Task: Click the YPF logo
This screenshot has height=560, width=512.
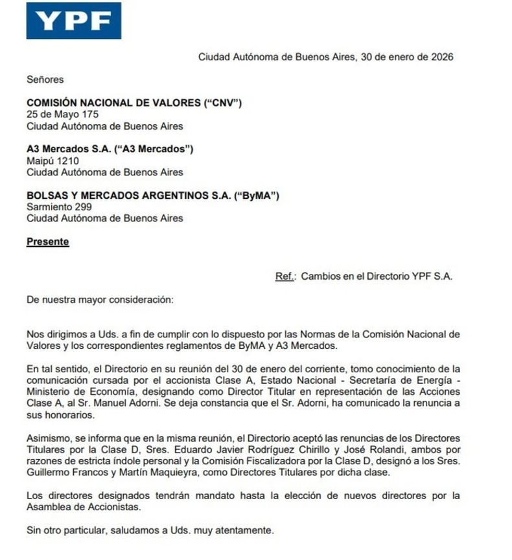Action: (73, 21)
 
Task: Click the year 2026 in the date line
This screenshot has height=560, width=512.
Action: (441, 56)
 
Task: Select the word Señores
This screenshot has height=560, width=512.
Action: (45, 80)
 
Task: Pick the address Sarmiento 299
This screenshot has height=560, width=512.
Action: (59, 207)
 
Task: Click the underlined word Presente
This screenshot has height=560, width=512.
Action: (47, 242)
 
